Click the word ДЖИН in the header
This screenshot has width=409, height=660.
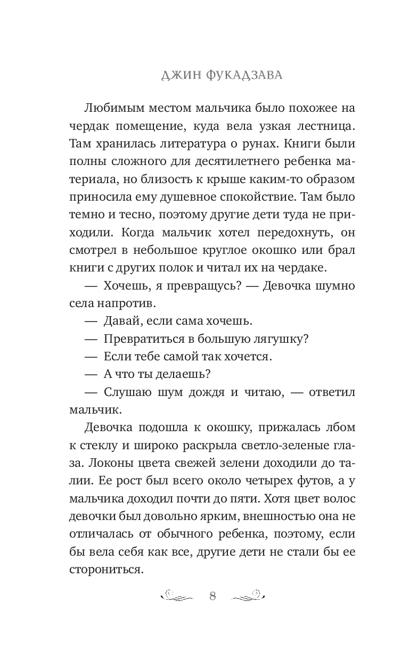point(179,76)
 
